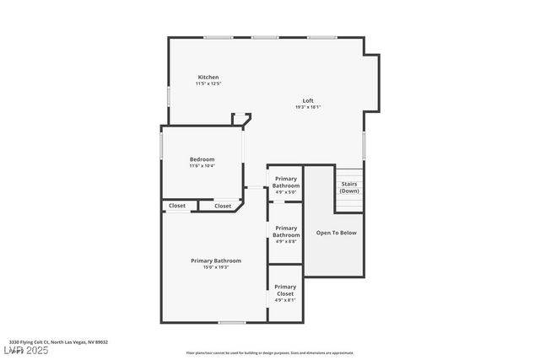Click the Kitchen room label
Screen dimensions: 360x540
click(x=208, y=78)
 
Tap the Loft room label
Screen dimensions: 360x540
click(x=308, y=101)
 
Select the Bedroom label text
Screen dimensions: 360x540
click(x=202, y=159)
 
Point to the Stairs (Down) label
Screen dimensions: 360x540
click(x=348, y=187)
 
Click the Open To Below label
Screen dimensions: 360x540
click(x=336, y=233)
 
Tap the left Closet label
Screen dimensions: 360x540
click(x=177, y=206)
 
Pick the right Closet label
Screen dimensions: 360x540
click(x=223, y=206)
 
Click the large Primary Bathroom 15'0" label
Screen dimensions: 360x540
click(x=216, y=261)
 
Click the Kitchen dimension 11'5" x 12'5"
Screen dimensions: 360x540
click(x=208, y=83)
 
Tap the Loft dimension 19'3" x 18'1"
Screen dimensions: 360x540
click(x=308, y=107)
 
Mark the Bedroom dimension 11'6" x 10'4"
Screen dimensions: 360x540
click(x=202, y=165)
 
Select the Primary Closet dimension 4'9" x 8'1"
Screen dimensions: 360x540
click(x=285, y=300)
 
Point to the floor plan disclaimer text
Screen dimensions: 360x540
click(x=270, y=353)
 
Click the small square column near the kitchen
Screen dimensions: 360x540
click(x=240, y=119)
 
